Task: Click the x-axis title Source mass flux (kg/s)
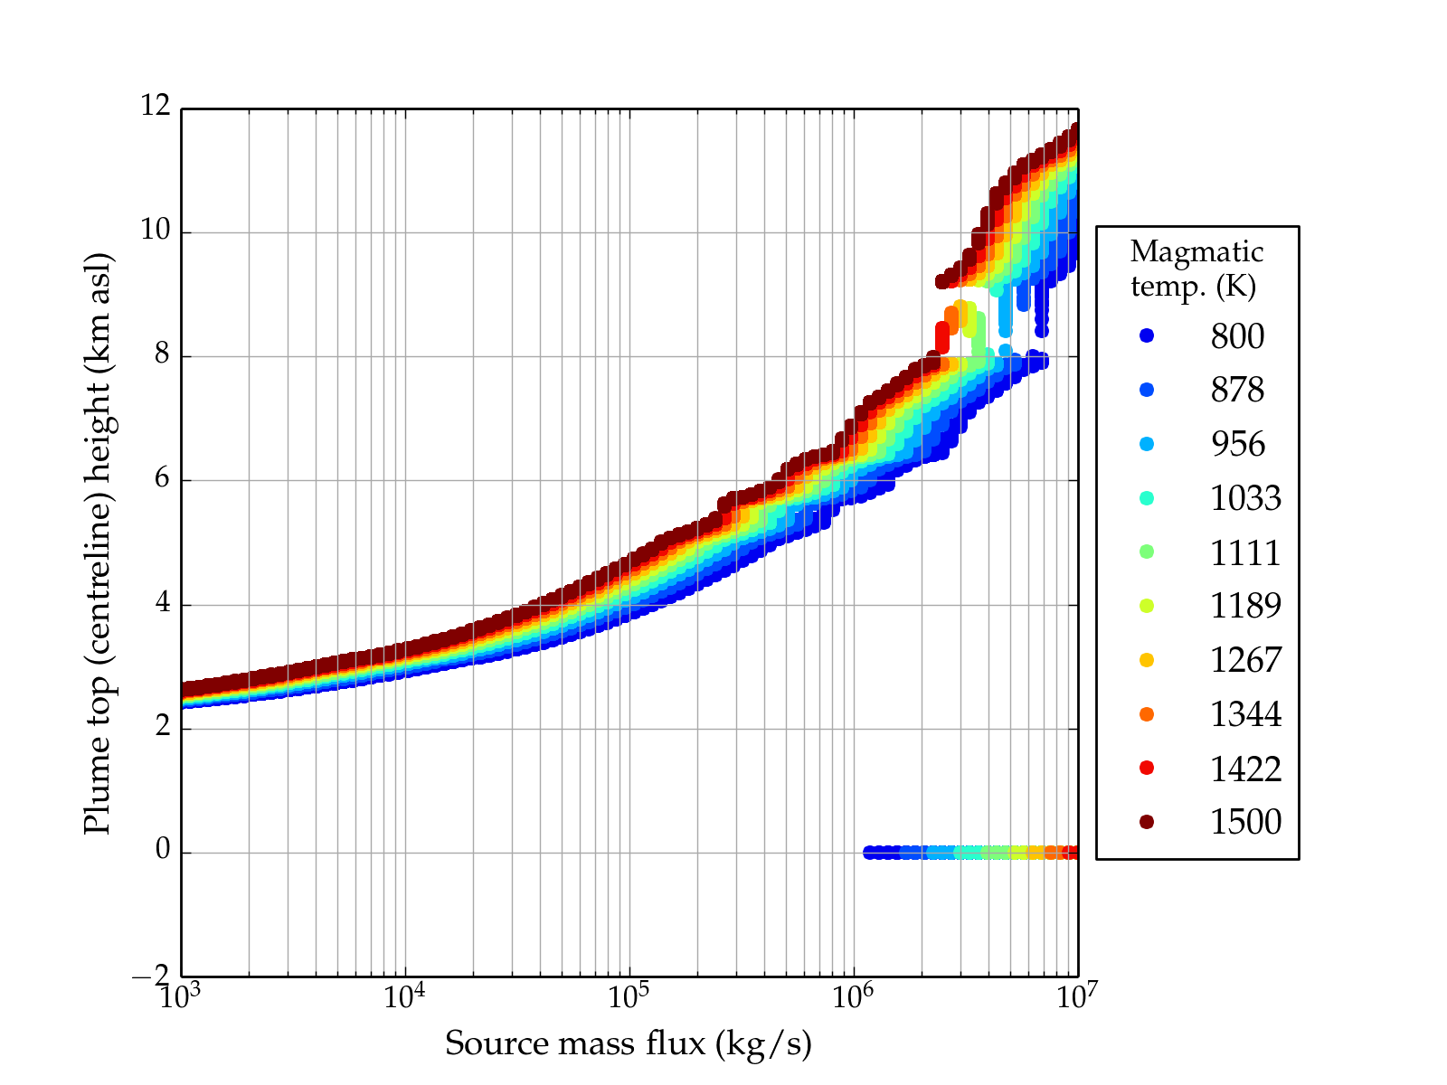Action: pyautogui.click(x=628, y=1043)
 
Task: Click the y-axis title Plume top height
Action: pyautogui.click(x=97, y=542)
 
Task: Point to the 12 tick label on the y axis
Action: pyautogui.click(x=155, y=107)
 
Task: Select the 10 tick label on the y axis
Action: pyautogui.click(x=155, y=231)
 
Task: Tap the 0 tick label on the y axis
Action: pyautogui.click(x=163, y=850)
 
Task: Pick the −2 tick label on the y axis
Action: pyautogui.click(x=150, y=976)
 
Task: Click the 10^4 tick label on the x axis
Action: pyautogui.click(x=403, y=995)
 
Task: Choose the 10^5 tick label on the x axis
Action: pyautogui.click(x=628, y=995)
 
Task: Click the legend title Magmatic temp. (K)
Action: pyautogui.click(x=1196, y=268)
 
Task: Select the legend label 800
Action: pyautogui.click(x=1237, y=336)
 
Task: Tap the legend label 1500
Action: pyautogui.click(x=1245, y=822)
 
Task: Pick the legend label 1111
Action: pyautogui.click(x=1245, y=552)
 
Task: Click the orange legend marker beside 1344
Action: pyautogui.click(x=1147, y=714)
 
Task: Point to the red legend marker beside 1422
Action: pyautogui.click(x=1147, y=768)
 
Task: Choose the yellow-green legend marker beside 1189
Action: pyautogui.click(x=1147, y=606)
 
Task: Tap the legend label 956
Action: pyautogui.click(x=1237, y=444)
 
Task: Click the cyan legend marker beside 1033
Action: pyautogui.click(x=1147, y=498)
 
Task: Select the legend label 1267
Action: pyautogui.click(x=1245, y=660)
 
